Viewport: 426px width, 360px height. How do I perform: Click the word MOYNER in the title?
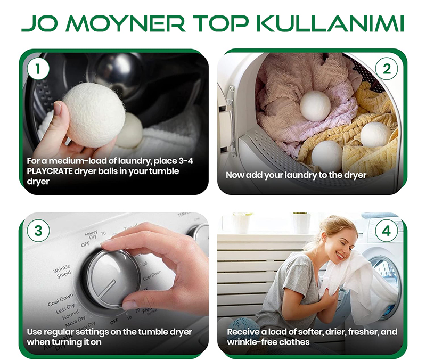point(125,23)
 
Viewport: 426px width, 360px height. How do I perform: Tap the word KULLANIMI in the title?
point(330,23)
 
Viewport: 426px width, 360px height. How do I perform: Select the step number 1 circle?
point(38,69)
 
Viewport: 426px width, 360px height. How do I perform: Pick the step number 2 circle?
point(387,69)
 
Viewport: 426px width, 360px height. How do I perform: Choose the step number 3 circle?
point(38,231)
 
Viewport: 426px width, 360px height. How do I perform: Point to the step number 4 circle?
point(387,231)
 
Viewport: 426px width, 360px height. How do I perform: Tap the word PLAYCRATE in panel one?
point(50,171)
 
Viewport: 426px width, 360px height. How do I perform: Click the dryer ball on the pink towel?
point(315,105)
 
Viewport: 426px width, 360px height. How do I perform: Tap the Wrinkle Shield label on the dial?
point(62,271)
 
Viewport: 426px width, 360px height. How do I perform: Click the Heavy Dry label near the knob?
point(91,235)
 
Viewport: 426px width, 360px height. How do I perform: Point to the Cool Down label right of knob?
point(152,275)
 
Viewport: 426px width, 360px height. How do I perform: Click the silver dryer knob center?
point(112,279)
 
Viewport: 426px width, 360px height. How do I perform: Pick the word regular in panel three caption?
point(59,332)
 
